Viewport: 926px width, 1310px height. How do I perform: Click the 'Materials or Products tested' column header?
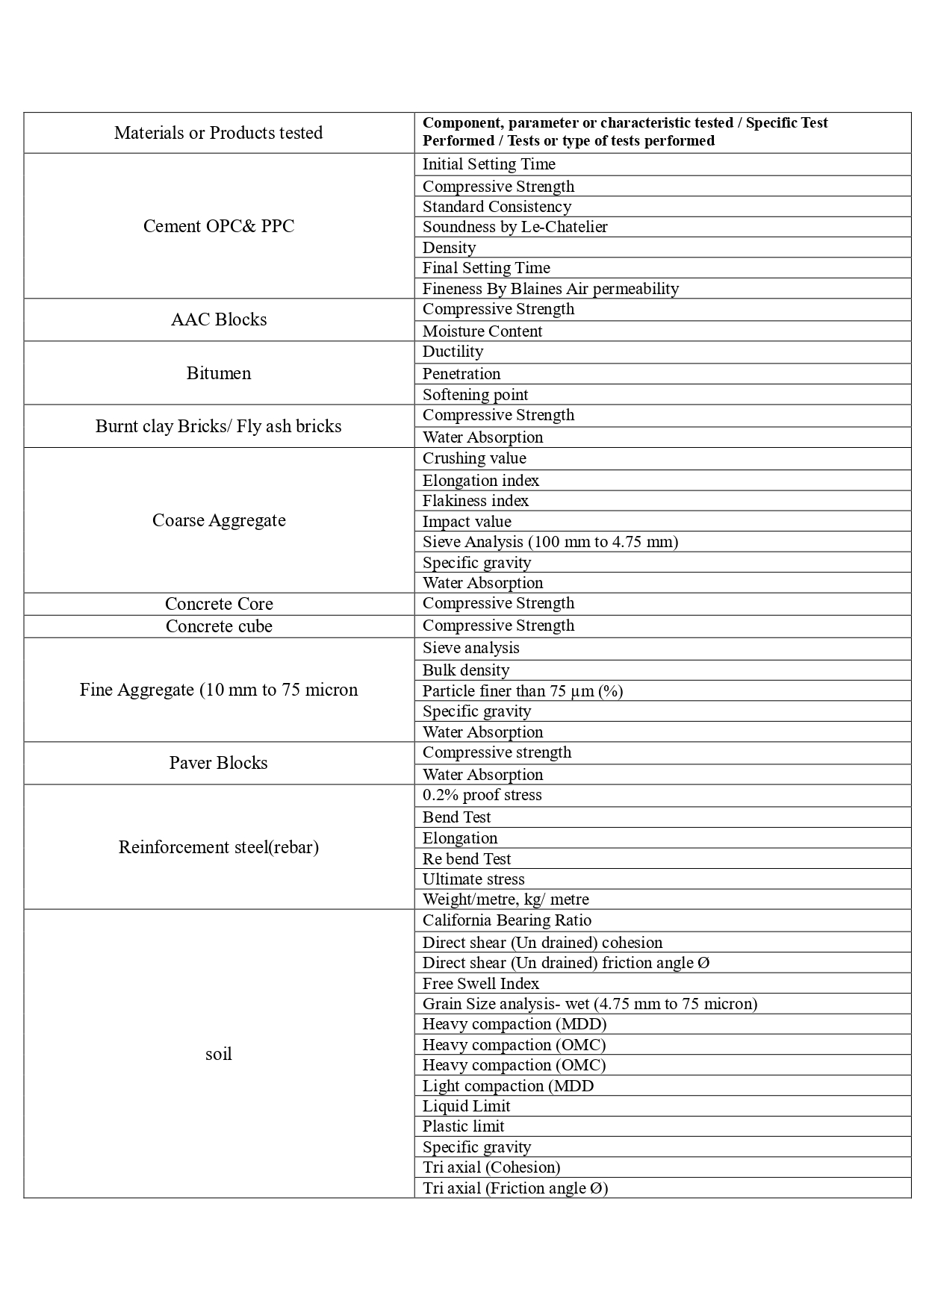[x=218, y=133]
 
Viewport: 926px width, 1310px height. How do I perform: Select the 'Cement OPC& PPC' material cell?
[x=219, y=226]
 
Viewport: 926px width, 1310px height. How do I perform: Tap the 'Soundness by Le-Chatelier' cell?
[x=515, y=227]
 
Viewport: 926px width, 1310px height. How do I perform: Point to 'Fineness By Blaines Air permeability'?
[x=550, y=289]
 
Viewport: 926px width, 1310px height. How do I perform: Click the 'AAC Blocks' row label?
[x=219, y=319]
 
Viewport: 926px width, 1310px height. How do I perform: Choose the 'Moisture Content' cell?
[x=482, y=331]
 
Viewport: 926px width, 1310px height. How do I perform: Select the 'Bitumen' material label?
[x=219, y=373]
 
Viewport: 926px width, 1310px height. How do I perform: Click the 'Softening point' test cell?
[x=475, y=395]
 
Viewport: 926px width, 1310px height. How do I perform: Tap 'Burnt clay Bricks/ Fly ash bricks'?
[x=219, y=426]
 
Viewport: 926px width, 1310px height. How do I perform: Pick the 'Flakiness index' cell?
[x=475, y=501]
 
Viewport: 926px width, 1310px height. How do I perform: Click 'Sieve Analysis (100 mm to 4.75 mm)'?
[x=550, y=542]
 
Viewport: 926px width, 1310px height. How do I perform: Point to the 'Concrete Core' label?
[x=219, y=604]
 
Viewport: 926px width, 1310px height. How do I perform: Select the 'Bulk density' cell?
[x=466, y=670]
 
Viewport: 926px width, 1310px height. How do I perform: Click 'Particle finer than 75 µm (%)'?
[x=523, y=691]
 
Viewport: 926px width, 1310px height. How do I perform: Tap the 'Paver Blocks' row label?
[x=219, y=763]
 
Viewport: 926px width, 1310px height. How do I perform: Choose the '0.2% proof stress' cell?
[x=482, y=795]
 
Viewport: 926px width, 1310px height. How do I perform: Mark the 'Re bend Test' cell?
[x=467, y=859]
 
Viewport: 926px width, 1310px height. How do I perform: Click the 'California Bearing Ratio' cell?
[x=507, y=920]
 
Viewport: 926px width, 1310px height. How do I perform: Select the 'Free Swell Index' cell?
[x=481, y=984]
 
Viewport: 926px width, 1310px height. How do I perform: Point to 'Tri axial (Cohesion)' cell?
[x=491, y=1167]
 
